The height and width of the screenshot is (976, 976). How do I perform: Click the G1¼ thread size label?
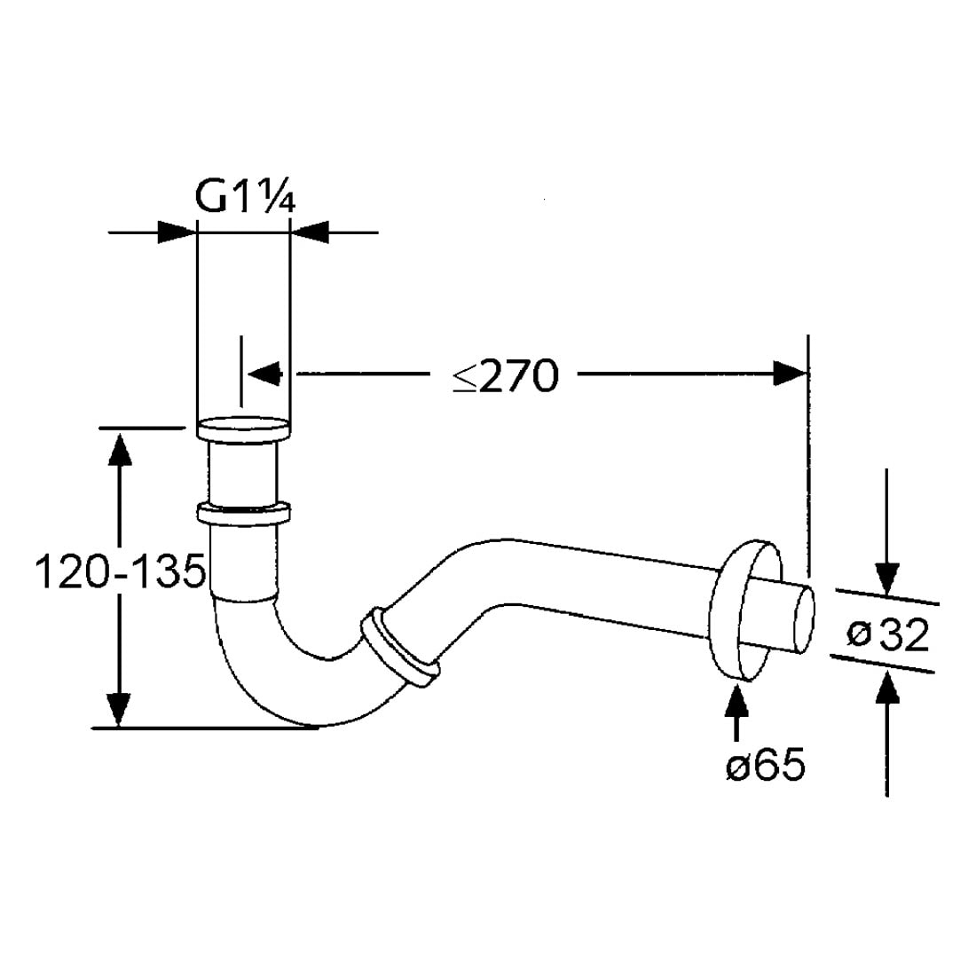pos(244,199)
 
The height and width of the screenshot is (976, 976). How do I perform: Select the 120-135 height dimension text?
pos(120,572)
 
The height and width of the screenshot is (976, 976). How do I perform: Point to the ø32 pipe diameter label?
pos(887,634)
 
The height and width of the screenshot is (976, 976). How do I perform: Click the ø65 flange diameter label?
pos(765,765)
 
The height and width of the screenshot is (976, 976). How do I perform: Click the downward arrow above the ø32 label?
pos(886,577)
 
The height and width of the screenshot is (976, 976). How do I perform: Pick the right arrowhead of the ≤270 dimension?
pos(790,374)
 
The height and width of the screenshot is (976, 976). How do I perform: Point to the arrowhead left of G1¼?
pos(177,232)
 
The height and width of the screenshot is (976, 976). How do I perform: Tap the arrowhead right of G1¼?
pos(310,232)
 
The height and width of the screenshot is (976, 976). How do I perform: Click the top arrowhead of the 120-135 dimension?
pos(119,448)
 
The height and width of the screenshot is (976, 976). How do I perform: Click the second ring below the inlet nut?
pos(244,514)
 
